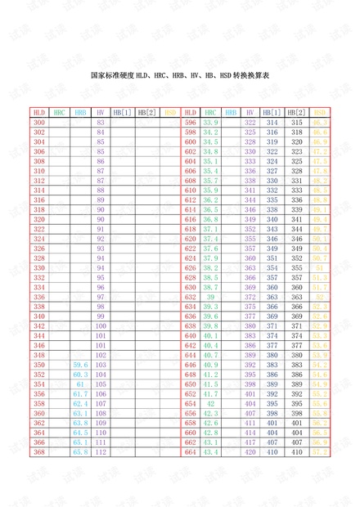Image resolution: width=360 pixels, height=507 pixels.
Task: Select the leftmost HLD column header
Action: (x=39, y=112)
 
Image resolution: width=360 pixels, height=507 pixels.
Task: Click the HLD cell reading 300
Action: (x=39, y=122)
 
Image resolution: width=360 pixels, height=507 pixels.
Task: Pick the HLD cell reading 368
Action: (x=39, y=451)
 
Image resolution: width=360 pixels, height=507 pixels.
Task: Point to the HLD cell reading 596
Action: (x=191, y=122)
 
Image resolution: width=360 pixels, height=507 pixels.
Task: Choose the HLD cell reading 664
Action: (x=191, y=451)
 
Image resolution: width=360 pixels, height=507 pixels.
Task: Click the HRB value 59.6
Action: (x=80, y=365)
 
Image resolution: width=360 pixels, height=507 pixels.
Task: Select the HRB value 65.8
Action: (x=80, y=451)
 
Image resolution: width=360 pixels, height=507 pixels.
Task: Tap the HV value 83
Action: (x=101, y=122)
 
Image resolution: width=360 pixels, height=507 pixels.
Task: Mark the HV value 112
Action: (x=101, y=451)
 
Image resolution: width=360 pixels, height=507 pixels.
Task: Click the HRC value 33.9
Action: (x=210, y=122)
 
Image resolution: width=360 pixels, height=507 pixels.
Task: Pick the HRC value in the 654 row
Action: (x=210, y=403)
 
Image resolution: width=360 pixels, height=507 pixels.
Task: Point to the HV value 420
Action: (x=250, y=451)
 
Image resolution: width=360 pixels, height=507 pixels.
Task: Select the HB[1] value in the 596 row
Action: (x=273, y=122)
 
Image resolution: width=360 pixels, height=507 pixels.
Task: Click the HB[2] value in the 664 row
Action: (x=297, y=451)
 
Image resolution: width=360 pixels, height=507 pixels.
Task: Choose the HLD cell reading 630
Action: (x=191, y=287)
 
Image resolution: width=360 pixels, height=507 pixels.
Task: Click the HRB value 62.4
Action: (x=80, y=403)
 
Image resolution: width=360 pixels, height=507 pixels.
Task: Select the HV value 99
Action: (x=101, y=316)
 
